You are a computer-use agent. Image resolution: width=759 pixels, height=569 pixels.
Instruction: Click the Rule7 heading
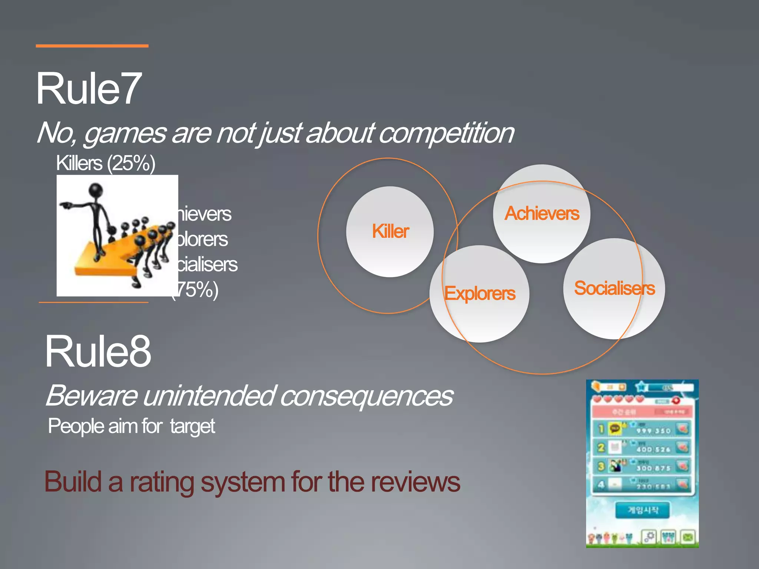[x=89, y=89]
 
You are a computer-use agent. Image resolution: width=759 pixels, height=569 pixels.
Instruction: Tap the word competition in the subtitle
[x=446, y=133]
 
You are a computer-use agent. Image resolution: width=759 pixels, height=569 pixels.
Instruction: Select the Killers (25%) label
[x=106, y=163]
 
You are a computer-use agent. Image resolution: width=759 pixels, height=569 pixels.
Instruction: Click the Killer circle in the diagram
[x=390, y=232]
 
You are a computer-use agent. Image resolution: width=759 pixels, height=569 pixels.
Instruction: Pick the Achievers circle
[x=541, y=214]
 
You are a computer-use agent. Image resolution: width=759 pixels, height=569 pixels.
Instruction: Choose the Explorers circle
[x=480, y=294]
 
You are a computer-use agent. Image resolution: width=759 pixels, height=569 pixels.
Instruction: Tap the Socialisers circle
[x=614, y=288]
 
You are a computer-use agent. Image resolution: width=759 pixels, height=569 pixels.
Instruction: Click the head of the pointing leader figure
[x=96, y=190]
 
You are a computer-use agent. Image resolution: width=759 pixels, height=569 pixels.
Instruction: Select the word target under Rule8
[x=192, y=426]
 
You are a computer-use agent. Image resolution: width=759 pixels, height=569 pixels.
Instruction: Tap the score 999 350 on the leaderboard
[x=653, y=431]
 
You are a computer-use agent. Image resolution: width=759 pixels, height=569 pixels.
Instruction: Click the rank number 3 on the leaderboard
[x=601, y=466]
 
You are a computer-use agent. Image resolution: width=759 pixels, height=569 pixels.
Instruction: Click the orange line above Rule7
[x=92, y=46]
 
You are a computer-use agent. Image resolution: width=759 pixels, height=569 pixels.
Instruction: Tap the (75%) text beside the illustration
[x=196, y=290]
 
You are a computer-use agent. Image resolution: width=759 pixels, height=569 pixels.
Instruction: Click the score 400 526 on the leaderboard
[x=653, y=449]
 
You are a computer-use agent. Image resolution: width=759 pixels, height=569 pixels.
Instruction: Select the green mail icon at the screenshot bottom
[x=688, y=537]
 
